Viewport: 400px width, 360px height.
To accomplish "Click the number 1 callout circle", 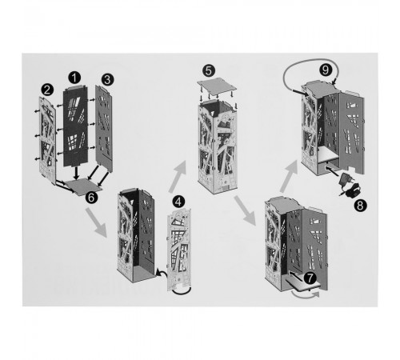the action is pyautogui.click(x=74, y=78).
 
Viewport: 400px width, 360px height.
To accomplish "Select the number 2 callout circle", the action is pyautogui.click(x=47, y=90).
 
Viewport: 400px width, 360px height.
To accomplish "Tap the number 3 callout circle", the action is pyautogui.click(x=107, y=79).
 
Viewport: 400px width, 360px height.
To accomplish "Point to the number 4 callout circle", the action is pyautogui.click(x=178, y=202).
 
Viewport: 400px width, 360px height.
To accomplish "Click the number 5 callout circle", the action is pyautogui.click(x=209, y=70).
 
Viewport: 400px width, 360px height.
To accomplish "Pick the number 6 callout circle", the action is pyautogui.click(x=91, y=198).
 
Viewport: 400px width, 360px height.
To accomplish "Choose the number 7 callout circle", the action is pyautogui.click(x=310, y=278).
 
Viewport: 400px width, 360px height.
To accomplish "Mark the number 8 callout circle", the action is pyautogui.click(x=360, y=206).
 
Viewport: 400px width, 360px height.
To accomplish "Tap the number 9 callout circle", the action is pyautogui.click(x=326, y=70).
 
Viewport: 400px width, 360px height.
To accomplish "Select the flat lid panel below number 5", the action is pyautogui.click(x=217, y=86).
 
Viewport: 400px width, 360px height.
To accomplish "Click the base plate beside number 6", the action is pyautogui.click(x=83, y=186).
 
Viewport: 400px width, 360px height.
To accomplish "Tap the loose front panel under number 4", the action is pyautogui.click(x=179, y=250).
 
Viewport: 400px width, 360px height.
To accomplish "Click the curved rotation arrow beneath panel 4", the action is pyautogui.click(x=182, y=292).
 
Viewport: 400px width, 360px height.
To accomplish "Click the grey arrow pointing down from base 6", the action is pyautogui.click(x=96, y=222).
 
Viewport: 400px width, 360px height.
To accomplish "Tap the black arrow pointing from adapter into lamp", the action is pyautogui.click(x=333, y=171).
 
